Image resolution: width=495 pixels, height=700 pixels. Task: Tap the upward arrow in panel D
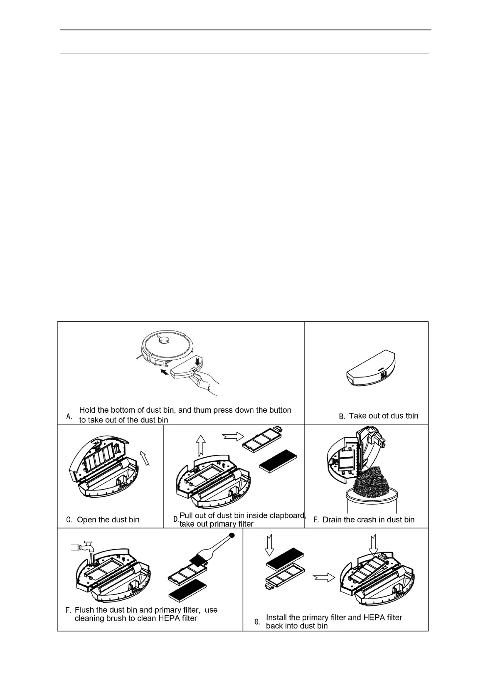(x=200, y=446)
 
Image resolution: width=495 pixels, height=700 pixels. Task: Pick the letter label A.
(x=69, y=416)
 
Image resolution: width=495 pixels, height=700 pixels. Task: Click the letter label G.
(x=257, y=622)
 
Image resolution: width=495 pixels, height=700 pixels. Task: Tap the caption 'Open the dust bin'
(x=108, y=520)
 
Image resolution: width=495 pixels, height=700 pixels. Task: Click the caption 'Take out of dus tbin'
(x=383, y=416)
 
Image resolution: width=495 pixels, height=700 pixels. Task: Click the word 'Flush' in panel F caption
(x=84, y=610)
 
